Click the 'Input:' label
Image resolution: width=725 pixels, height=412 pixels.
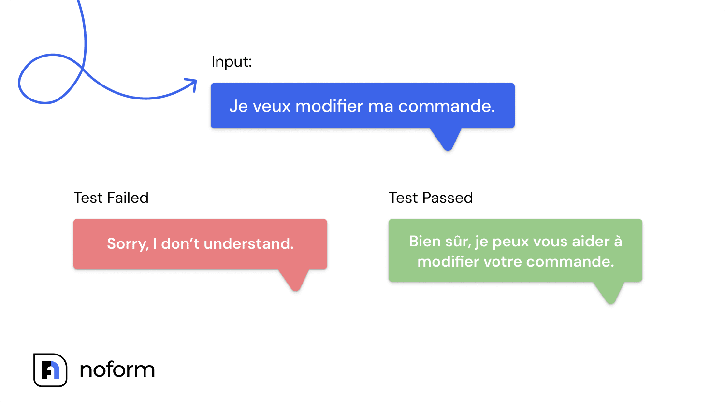pyautogui.click(x=232, y=62)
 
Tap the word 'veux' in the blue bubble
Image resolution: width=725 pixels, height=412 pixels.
pyautogui.click(x=272, y=106)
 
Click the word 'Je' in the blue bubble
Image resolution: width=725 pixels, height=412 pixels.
pyautogui.click(x=238, y=106)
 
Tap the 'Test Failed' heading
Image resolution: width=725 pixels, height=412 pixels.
pyautogui.click(x=111, y=198)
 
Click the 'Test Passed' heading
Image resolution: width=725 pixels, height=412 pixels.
pyautogui.click(x=431, y=198)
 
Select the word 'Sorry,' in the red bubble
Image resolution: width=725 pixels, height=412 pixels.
pyautogui.click(x=128, y=244)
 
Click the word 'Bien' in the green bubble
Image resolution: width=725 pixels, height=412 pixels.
pyautogui.click(x=424, y=242)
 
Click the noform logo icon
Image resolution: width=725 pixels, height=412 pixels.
pyautogui.click(x=50, y=370)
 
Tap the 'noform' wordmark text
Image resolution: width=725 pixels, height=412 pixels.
pyautogui.click(x=117, y=370)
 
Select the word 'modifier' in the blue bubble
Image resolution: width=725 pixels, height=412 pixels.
pyautogui.click(x=329, y=106)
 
